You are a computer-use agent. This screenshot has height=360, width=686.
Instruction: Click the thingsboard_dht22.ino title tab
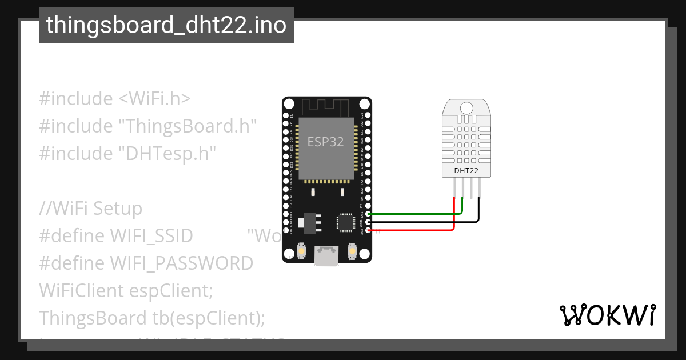166,25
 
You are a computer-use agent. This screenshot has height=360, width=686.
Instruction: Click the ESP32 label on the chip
325,142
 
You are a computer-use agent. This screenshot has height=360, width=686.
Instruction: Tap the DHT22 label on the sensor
466,170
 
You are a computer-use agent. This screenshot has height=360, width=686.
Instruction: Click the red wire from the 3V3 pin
412,230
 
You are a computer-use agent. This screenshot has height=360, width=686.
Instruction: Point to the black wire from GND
423,222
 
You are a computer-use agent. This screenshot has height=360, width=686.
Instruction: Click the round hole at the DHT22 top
466,107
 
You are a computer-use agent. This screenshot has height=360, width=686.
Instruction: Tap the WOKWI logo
607,315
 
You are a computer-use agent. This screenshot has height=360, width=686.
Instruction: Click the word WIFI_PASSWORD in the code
181,263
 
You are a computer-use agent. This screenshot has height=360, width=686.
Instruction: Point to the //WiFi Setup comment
90,209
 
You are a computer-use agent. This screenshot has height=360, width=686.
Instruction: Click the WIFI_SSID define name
151,236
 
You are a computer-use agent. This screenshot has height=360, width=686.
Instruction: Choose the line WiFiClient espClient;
126,291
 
